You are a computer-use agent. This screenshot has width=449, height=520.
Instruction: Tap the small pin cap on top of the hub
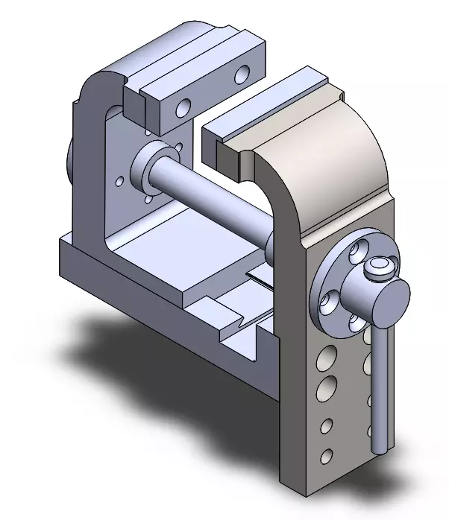[x=380, y=266]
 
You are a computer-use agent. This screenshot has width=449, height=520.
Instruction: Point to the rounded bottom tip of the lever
[x=380, y=448]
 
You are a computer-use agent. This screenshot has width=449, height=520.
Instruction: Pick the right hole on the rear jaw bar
[x=241, y=74]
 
